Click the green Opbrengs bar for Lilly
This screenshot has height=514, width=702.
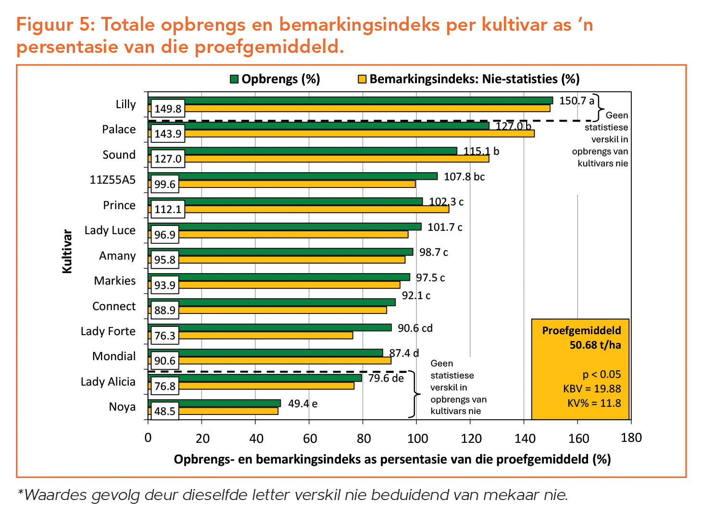351,100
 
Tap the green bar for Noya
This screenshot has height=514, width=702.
214,403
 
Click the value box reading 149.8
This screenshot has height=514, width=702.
168,109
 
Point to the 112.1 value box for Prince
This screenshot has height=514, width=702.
168,209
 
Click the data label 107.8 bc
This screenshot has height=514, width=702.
464,177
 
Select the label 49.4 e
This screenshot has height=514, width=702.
303,404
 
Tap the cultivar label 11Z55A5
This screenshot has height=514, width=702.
113,180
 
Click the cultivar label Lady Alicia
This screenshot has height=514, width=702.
108,382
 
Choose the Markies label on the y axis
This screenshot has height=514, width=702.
115,281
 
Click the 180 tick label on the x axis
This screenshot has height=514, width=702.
631,438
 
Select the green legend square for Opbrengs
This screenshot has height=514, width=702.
234,79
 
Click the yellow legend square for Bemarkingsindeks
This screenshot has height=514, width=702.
362,79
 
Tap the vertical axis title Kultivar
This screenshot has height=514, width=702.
67,251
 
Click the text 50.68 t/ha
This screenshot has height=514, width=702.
595,345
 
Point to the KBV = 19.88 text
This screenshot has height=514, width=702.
592,389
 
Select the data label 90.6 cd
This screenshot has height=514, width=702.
415,328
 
